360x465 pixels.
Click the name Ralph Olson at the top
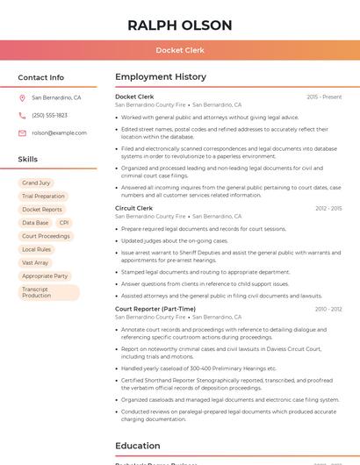coord(180,25)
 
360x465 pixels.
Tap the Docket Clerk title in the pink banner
coord(180,50)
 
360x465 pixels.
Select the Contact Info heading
coord(41,77)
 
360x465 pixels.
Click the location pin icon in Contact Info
coord(22,97)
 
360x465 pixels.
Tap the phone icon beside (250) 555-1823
coord(22,115)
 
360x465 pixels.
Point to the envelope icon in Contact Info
coord(22,132)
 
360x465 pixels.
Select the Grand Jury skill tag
coord(36,182)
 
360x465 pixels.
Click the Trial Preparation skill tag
coord(44,196)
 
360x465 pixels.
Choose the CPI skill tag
coord(64,223)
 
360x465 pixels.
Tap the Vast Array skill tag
coord(35,262)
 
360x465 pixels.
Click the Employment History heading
coord(161,77)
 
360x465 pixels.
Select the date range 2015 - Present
coord(324,97)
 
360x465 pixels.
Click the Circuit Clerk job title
coord(133,208)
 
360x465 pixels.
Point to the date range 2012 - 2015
coord(328,208)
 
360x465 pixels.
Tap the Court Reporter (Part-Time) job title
coord(155,309)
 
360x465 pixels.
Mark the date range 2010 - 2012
coord(328,309)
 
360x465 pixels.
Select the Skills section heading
coord(28,159)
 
